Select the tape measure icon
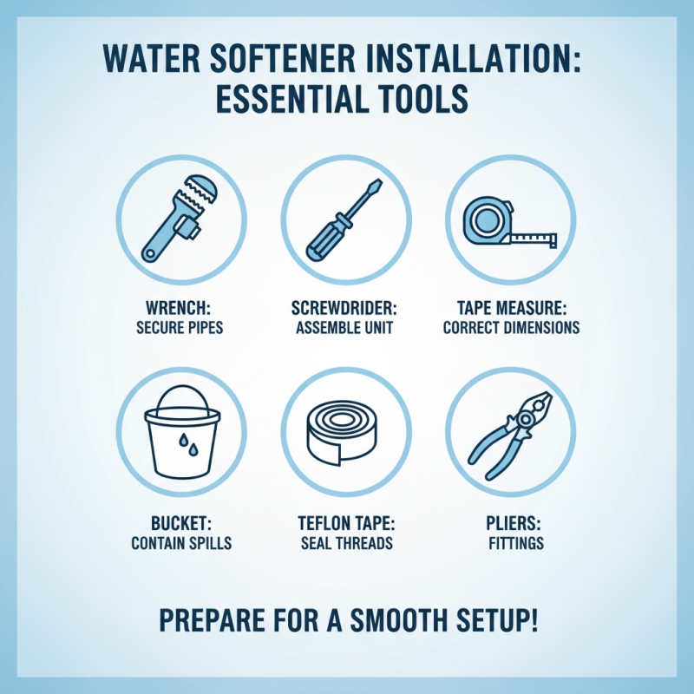(x=507, y=221)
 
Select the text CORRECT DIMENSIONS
(x=511, y=329)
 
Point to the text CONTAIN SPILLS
(x=181, y=545)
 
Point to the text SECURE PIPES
(x=181, y=329)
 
